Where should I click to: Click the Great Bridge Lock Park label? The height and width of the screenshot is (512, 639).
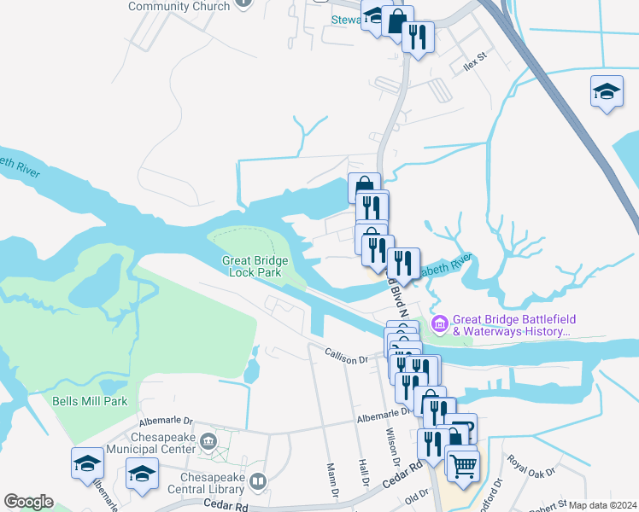coord(255,266)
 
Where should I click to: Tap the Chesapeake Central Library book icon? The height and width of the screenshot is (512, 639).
coord(257,484)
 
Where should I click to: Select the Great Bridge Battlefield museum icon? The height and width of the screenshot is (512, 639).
coord(440,323)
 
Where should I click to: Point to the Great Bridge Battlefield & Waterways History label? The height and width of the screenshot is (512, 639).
coord(511,324)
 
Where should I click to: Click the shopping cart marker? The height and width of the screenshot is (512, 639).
coord(461,465)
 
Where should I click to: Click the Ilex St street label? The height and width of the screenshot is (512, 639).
coord(474,60)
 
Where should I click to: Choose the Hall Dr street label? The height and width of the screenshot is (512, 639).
coord(363,473)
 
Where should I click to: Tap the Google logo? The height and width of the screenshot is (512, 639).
coord(28,502)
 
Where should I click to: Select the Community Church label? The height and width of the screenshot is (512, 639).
coord(179,6)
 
